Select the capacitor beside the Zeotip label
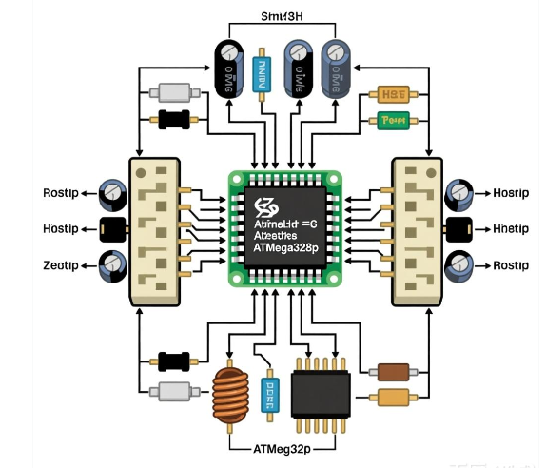114,263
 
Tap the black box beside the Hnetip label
458,229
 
